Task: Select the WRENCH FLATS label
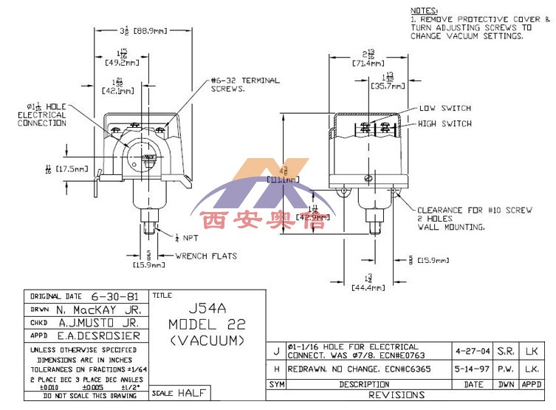coord(206,256)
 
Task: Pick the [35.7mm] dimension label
coord(388,86)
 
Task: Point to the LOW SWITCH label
coord(445,109)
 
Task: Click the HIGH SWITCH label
coord(445,123)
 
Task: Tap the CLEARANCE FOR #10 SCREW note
coord(474,211)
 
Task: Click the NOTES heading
coord(423,10)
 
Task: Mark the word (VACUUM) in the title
coord(207,341)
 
